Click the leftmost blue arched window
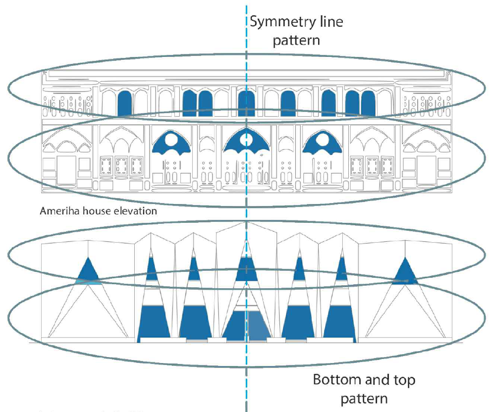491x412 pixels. pos(125,103)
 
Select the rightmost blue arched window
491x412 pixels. pos(368,103)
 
